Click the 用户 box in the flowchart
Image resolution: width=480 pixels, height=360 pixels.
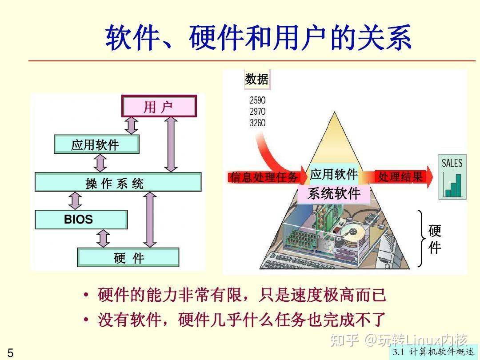tap(159, 107)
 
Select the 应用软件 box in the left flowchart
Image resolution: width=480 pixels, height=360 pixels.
tap(96, 144)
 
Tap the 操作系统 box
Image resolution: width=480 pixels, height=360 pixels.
tap(118, 182)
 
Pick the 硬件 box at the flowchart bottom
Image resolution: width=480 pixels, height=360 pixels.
tap(128, 258)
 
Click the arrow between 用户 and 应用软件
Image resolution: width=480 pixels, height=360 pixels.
tap(131, 126)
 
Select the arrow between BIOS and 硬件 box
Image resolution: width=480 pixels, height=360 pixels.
tap(104, 239)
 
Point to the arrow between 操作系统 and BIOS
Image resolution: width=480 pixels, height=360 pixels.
tap(76, 201)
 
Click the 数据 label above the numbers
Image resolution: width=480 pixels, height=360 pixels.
tap(257, 80)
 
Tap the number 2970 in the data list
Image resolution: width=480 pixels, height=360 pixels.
tap(257, 112)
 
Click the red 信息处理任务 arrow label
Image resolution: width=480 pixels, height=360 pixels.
tap(264, 177)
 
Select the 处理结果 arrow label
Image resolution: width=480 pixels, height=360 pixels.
tap(400, 177)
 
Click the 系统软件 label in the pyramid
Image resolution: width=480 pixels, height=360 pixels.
tap(334, 194)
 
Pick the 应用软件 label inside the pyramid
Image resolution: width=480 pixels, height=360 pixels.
tap(334, 175)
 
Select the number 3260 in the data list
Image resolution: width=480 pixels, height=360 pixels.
tap(257, 123)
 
